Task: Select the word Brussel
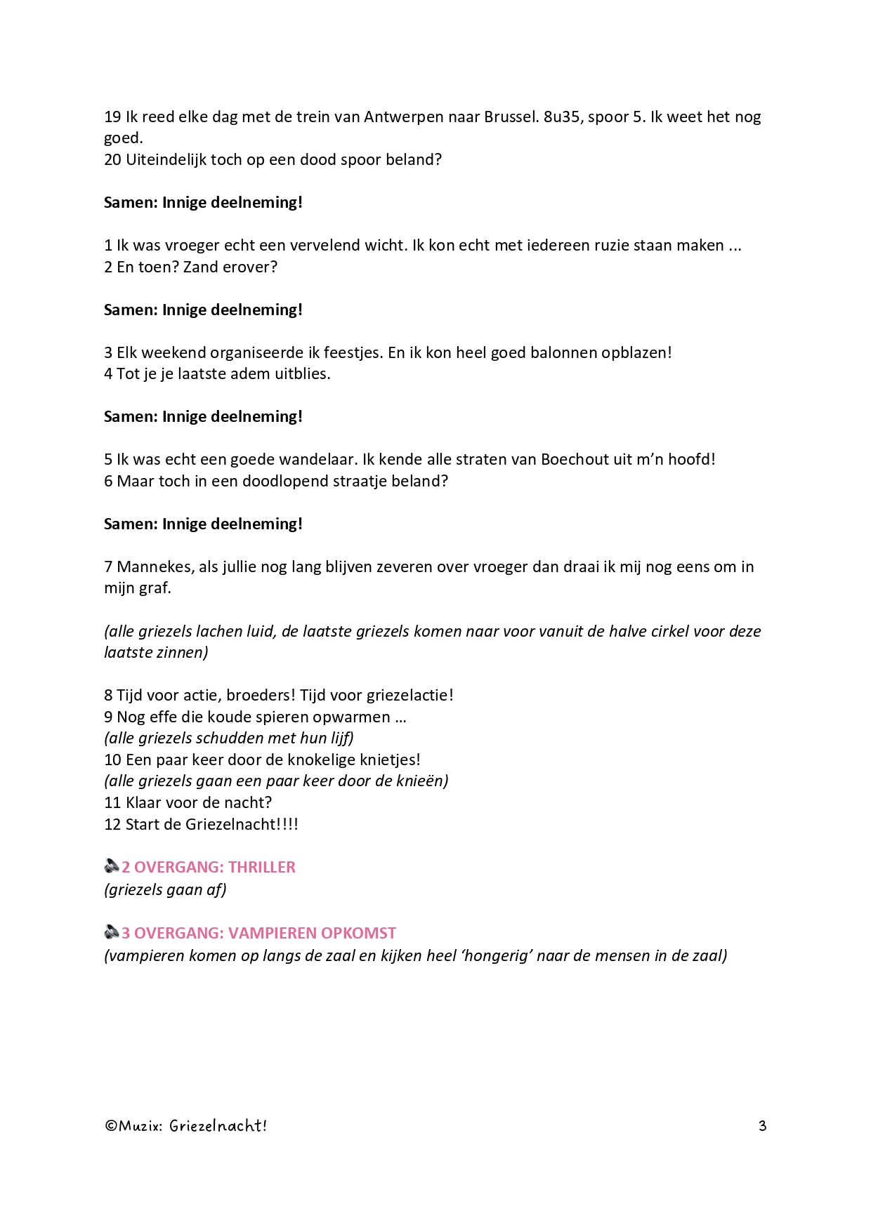tap(511, 117)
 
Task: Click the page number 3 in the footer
tap(762, 1126)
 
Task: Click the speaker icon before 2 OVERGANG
tap(112, 866)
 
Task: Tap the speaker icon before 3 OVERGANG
tap(112, 932)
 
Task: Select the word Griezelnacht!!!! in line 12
tap(242, 824)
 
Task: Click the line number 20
tap(112, 159)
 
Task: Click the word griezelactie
tap(408, 696)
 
